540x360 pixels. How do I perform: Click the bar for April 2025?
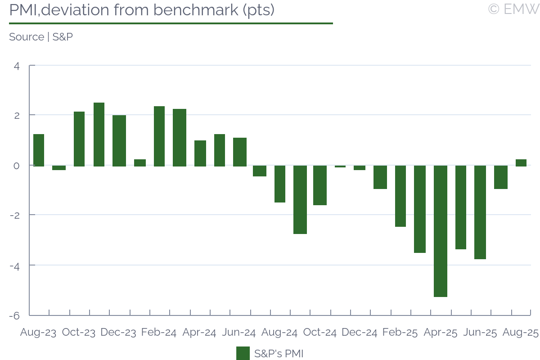tap(441, 231)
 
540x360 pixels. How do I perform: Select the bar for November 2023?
tap(99, 134)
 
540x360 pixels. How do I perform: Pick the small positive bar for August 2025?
tap(521, 162)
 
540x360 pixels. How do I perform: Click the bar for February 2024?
tap(159, 136)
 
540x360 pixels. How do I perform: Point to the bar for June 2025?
tap(480, 212)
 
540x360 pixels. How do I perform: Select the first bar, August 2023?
tap(39, 150)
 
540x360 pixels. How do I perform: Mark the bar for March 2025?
tap(420, 209)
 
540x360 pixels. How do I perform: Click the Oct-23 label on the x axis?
tap(79, 333)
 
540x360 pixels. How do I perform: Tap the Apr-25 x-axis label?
tap(441, 333)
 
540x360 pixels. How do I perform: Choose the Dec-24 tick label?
tap(360, 333)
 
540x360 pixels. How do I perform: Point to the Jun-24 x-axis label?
tap(239, 333)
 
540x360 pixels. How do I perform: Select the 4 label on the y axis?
tap(17, 66)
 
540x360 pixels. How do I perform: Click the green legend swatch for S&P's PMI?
tap(243, 353)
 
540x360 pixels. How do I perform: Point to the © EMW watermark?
tap(513, 9)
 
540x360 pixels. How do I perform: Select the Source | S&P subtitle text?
tap(41, 37)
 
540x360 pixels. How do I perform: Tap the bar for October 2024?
tap(320, 185)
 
